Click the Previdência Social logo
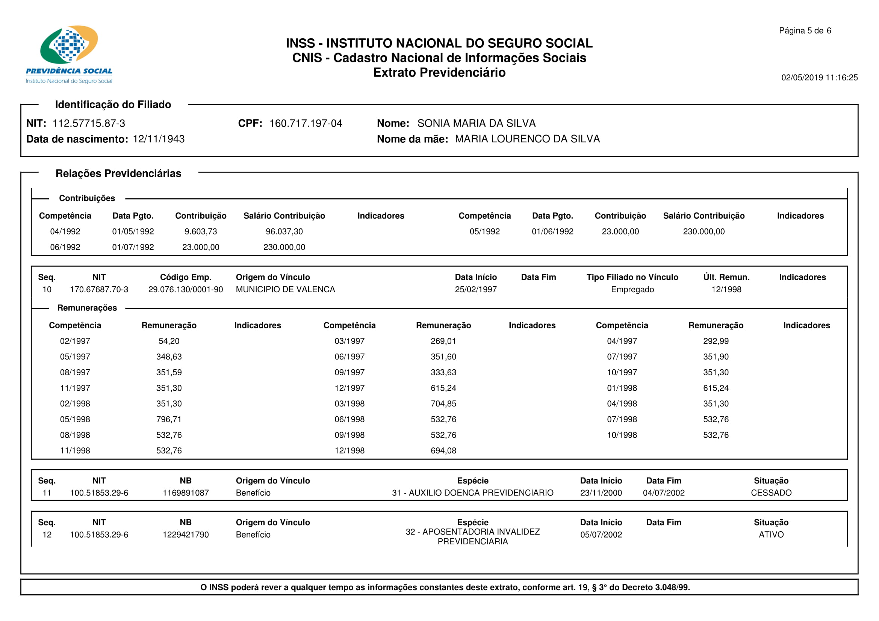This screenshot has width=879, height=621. tap(69, 54)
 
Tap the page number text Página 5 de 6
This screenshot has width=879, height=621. tap(805, 30)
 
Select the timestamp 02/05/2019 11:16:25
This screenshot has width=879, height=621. tap(819, 78)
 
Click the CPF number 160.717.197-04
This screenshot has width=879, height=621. tap(306, 123)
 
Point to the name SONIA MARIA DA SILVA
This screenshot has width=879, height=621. tap(476, 123)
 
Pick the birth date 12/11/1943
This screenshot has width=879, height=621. tap(159, 139)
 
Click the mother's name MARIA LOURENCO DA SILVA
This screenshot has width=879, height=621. tap(527, 139)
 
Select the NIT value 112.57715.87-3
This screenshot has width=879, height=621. tap(88, 123)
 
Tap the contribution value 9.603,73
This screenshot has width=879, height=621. tap(201, 231)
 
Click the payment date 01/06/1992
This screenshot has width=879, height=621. tap(552, 231)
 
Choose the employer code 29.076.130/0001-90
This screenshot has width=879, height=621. tap(185, 289)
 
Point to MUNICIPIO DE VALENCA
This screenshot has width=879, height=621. tap(285, 289)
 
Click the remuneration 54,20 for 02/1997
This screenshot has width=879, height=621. tap(169, 341)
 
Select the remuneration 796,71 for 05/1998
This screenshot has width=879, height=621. tap(169, 419)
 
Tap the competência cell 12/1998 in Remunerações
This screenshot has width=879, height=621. tap(349, 451)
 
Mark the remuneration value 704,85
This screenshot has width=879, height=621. tap(443, 404)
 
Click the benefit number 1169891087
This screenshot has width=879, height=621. tap(186, 493)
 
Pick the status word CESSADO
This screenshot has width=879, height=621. tap(771, 493)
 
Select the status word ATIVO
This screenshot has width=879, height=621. tap(771, 535)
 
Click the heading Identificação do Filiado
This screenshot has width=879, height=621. tap(113, 104)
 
